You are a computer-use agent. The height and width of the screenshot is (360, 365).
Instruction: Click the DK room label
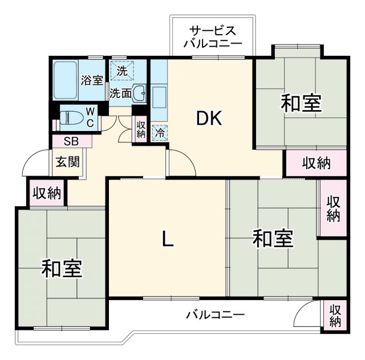pyautogui.click(x=209, y=118)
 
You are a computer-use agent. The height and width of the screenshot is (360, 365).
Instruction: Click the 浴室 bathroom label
pyautogui.click(x=91, y=80)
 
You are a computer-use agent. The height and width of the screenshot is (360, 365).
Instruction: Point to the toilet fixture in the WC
pyautogui.click(x=70, y=118)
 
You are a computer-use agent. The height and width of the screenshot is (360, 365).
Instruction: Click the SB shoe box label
pyautogui.click(x=71, y=141)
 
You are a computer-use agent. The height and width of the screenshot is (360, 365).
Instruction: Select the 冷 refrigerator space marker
pyautogui.click(x=160, y=132)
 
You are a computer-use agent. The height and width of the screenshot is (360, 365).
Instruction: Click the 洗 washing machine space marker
pyautogui.click(x=122, y=71)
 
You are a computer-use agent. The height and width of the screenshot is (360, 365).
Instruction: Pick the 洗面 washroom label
pyautogui.click(x=121, y=92)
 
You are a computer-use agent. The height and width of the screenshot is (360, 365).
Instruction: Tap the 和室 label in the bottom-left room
pyautogui.click(x=61, y=268)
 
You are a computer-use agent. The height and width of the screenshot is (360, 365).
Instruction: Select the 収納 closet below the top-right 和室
pyautogui.click(x=316, y=163)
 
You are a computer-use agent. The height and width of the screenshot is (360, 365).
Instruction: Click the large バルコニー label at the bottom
pyautogui.click(x=216, y=314)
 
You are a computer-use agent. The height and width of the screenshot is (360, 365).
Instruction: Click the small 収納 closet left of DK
pyautogui.click(x=141, y=129)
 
